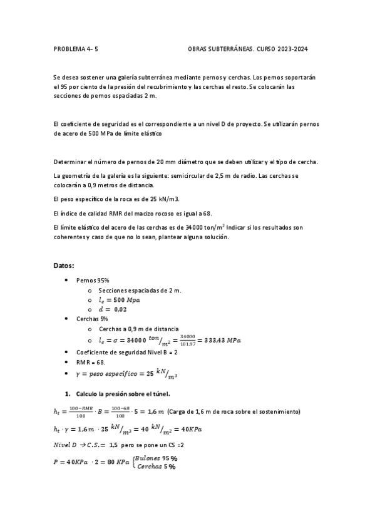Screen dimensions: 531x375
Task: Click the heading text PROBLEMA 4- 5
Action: coord(71,48)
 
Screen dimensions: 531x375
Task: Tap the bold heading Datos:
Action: coord(65,266)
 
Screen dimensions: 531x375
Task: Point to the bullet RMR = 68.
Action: coord(90,363)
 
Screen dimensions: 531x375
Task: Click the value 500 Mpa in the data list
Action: coord(125,300)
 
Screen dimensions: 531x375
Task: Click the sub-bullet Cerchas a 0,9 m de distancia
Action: coord(138,328)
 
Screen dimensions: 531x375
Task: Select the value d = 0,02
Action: coord(112,309)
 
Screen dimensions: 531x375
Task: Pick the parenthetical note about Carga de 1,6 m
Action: coord(247,411)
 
